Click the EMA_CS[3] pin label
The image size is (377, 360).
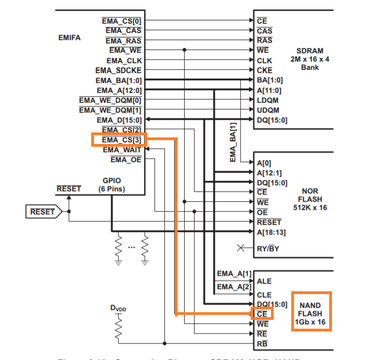[118, 140]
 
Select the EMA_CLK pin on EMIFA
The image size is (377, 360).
[124, 60]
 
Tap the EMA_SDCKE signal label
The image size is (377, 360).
[118, 70]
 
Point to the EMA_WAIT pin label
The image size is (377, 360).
[121, 150]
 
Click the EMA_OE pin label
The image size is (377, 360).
[126, 160]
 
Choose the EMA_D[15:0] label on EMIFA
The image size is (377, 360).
[119, 120]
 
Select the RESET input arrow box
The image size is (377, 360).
[42, 211]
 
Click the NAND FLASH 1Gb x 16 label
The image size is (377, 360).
[311, 311]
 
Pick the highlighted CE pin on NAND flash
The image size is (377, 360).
[262, 314]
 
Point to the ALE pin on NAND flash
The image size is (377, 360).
[264, 281]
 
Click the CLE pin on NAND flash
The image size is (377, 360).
[264, 294]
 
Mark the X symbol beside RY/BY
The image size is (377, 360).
[240, 248]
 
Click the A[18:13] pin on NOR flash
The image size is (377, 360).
[271, 232]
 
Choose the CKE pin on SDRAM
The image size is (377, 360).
[264, 70]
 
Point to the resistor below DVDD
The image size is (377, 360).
[118, 329]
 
